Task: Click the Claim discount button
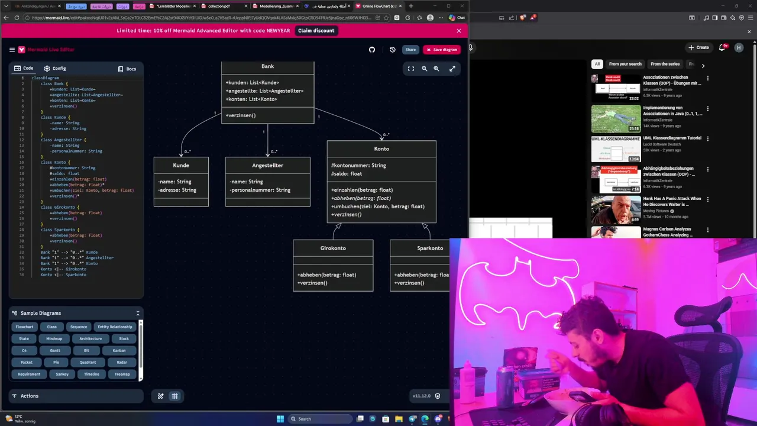tap(316, 31)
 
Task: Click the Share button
tap(410, 50)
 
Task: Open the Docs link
tap(127, 69)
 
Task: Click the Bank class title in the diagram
tap(267, 66)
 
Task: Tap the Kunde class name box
tap(181, 166)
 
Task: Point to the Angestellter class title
tap(267, 166)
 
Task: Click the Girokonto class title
tap(333, 248)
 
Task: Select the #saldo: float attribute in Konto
tap(347, 174)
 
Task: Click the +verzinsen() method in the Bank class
tap(241, 115)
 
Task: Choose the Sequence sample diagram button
tap(79, 327)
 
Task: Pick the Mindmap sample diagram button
tap(54, 338)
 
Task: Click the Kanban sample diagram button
tap(119, 350)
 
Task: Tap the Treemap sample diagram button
tap(122, 374)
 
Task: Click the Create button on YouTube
tap(698, 47)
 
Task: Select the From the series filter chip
tap(665, 64)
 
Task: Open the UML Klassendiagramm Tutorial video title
tap(672, 138)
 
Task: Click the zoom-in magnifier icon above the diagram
tap(436, 69)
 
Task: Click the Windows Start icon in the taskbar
tap(280, 419)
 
